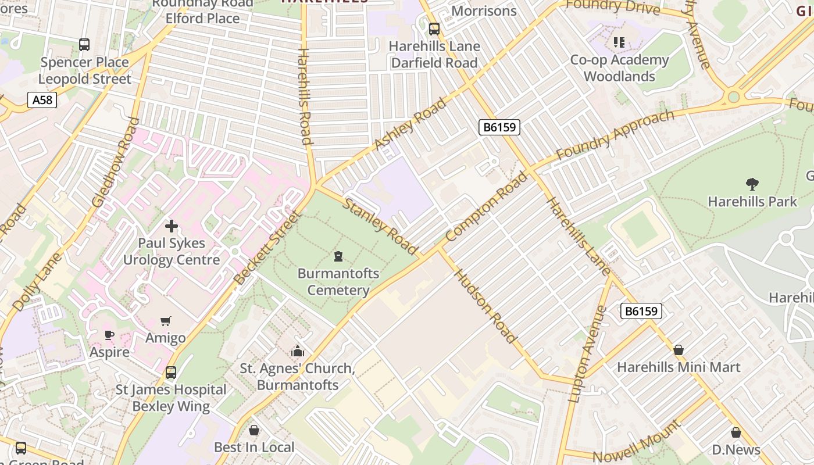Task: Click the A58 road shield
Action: click(x=42, y=100)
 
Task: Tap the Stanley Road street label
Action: click(x=380, y=226)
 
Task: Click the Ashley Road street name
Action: click(x=410, y=124)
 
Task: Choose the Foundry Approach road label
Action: click(x=615, y=135)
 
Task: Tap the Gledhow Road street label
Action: click(x=116, y=162)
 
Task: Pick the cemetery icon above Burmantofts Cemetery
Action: click(x=338, y=256)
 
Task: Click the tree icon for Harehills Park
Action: click(x=752, y=184)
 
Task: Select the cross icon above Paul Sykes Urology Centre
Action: click(x=172, y=226)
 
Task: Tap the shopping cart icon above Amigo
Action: click(x=166, y=321)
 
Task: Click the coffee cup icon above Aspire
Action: click(x=109, y=335)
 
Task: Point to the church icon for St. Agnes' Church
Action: click(x=298, y=351)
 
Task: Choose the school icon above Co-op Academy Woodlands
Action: click(x=619, y=42)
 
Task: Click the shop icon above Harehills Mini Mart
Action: click(x=678, y=350)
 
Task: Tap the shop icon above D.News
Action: click(x=736, y=432)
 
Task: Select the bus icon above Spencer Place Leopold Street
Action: click(x=84, y=44)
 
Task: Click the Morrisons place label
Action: click(x=484, y=10)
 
